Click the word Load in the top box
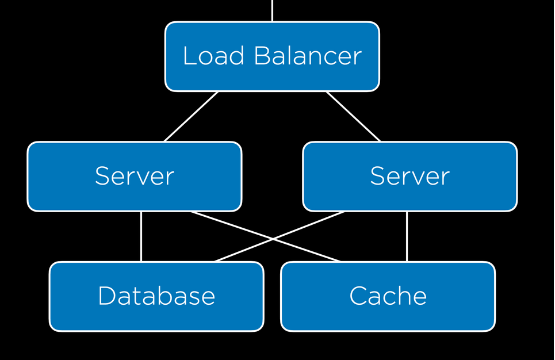point(213,56)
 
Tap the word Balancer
point(308,56)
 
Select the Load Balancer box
point(272,56)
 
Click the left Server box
point(135,177)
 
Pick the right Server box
point(410,177)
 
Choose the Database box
point(156,296)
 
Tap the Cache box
point(388,296)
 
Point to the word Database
point(156,296)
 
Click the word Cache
point(388,296)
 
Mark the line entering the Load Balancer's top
point(272,10)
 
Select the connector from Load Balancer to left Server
point(191,117)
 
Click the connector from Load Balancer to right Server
point(353,117)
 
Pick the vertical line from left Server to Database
point(141,236)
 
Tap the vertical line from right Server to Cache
point(407,236)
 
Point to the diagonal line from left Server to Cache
point(266,236)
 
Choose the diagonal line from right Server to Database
point(280,236)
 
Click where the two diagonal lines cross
point(273,239)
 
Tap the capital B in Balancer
point(263,56)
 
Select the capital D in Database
point(108,296)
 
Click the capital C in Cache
point(358,296)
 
